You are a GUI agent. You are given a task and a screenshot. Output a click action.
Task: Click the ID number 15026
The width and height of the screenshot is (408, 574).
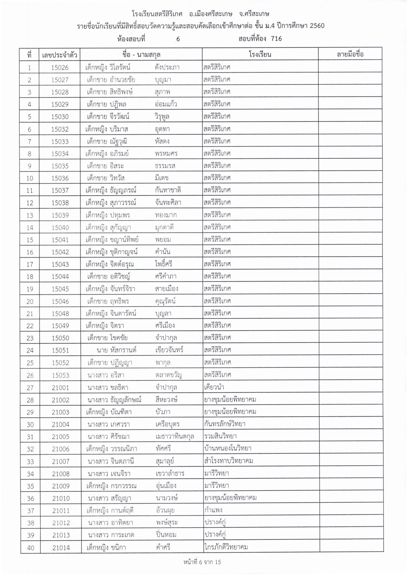click(60, 68)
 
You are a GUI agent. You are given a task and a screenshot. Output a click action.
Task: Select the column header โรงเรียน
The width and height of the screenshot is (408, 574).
click(260, 54)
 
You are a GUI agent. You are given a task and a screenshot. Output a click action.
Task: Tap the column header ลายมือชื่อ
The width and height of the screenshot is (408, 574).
click(350, 54)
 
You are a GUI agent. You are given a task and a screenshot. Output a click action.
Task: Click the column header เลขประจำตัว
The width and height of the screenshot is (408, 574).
click(59, 54)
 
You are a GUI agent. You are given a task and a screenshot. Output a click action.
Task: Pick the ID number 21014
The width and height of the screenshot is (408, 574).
click(61, 548)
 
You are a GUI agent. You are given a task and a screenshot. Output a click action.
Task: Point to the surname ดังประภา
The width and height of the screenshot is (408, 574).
click(167, 68)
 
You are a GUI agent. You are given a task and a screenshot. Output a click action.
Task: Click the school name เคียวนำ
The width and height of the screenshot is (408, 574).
click(214, 387)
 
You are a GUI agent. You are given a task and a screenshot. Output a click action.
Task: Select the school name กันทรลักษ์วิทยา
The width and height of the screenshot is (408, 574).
click(225, 424)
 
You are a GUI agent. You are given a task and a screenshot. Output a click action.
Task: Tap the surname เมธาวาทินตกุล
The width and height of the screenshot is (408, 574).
click(175, 436)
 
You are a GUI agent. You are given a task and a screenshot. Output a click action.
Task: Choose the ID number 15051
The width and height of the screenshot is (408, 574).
click(60, 350)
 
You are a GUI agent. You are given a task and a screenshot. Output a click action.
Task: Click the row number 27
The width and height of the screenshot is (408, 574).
click(30, 388)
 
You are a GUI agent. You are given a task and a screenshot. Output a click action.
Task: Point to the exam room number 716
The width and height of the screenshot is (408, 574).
click(276, 39)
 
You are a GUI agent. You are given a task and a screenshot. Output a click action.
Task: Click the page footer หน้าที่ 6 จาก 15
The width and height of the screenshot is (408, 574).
click(202, 562)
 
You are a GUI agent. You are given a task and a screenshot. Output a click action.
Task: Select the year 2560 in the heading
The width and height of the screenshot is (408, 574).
click(315, 26)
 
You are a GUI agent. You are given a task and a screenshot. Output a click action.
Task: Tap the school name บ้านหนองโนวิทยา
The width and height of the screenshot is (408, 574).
click(228, 448)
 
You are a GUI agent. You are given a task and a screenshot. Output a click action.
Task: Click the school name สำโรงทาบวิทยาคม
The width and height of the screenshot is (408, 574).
click(229, 461)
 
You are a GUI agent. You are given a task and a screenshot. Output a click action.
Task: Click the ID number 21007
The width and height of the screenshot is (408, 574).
click(61, 461)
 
